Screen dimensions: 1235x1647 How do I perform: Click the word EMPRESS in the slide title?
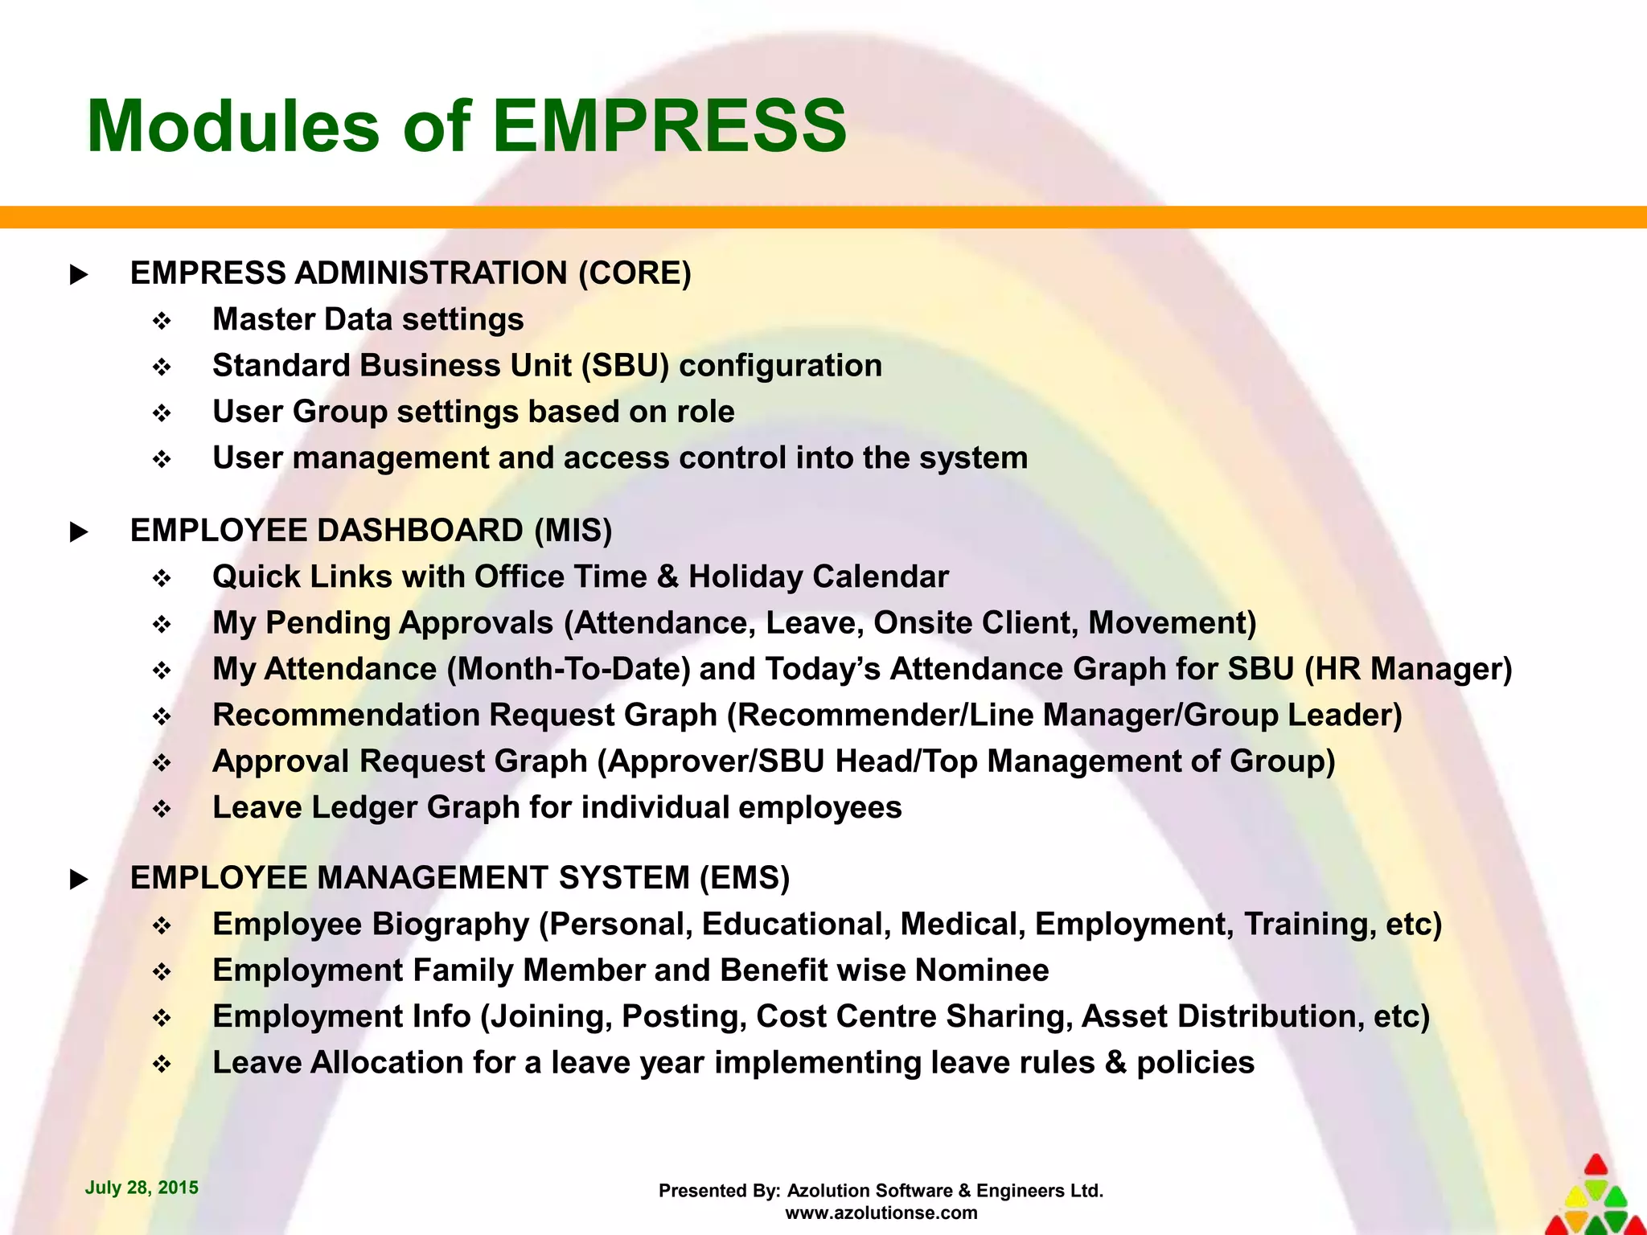(669, 126)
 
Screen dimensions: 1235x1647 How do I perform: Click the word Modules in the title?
(232, 126)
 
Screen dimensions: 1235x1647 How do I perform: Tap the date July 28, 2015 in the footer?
(142, 1188)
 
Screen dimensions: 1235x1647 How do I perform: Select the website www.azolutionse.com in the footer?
(881, 1212)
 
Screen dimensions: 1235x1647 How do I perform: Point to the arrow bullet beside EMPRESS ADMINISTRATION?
(79, 275)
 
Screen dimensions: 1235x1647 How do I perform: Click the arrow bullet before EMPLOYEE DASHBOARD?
(79, 532)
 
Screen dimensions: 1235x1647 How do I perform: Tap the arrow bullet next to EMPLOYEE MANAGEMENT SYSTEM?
(79, 880)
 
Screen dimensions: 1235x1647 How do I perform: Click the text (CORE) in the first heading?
(635, 273)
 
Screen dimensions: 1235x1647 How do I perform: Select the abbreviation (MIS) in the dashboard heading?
(573, 531)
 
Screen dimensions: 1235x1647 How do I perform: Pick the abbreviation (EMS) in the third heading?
(745, 878)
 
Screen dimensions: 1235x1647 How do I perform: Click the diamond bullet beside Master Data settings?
(162, 322)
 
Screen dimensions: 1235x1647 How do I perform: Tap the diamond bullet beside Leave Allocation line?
(162, 1065)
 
